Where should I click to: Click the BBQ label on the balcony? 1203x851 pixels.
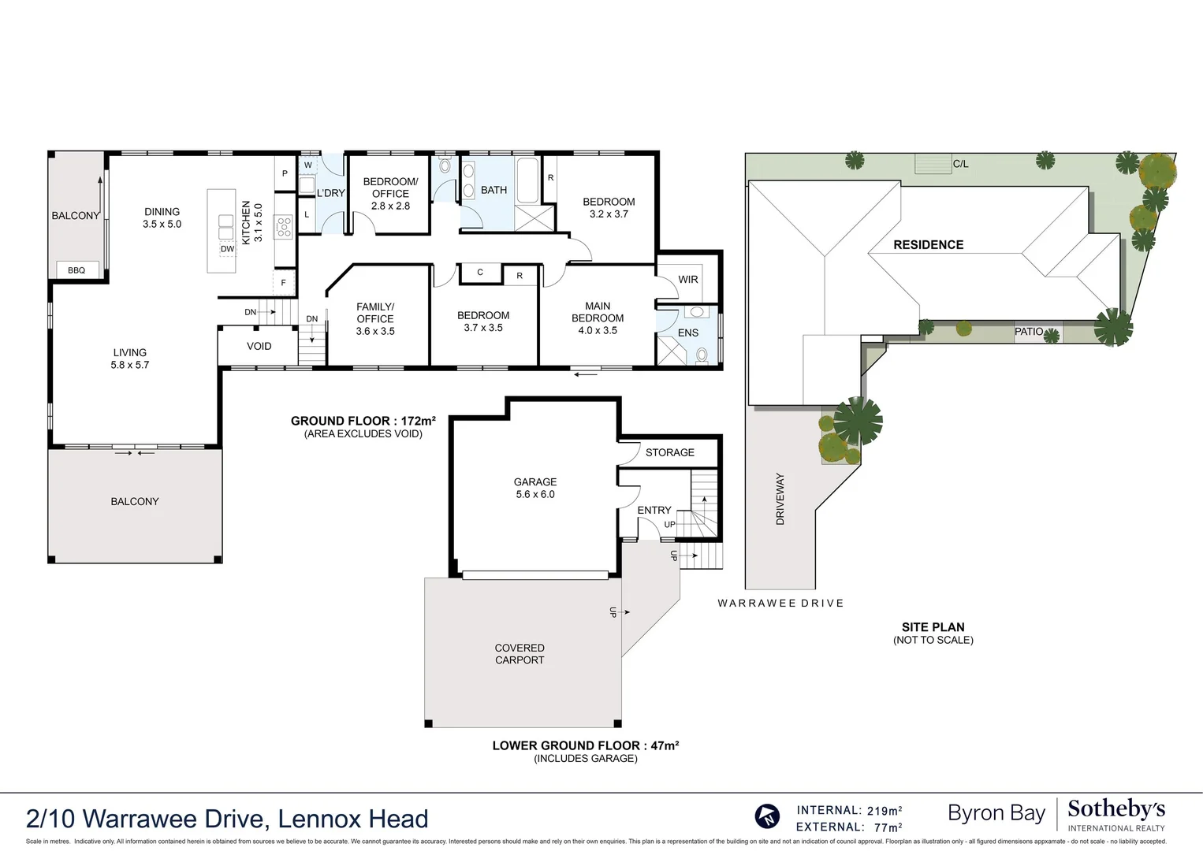pyautogui.click(x=76, y=270)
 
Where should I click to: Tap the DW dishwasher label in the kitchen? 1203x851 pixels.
pyautogui.click(x=227, y=249)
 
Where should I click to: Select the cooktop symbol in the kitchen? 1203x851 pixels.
pyautogui.click(x=283, y=228)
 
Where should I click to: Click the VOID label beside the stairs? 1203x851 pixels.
pyautogui.click(x=259, y=346)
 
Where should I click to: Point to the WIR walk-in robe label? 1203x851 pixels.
pyautogui.click(x=688, y=280)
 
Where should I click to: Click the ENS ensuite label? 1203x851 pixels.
pyautogui.click(x=688, y=333)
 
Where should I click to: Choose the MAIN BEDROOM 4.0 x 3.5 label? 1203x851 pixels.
pyautogui.click(x=598, y=318)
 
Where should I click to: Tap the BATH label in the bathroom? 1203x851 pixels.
pyautogui.click(x=493, y=190)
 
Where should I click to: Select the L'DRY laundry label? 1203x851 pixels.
pyautogui.click(x=330, y=193)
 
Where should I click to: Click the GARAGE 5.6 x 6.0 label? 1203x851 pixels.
pyautogui.click(x=535, y=488)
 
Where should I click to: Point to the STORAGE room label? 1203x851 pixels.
pyautogui.click(x=669, y=452)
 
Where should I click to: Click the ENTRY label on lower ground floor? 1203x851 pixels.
pyautogui.click(x=654, y=510)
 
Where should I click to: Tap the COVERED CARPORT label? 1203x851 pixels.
pyautogui.click(x=520, y=654)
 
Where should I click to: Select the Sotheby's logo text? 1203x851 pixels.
pyautogui.click(x=1115, y=809)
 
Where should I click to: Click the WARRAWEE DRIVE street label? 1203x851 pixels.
pyautogui.click(x=780, y=603)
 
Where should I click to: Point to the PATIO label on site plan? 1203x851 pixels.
pyautogui.click(x=1028, y=332)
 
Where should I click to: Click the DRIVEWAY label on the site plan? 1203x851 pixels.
pyautogui.click(x=780, y=499)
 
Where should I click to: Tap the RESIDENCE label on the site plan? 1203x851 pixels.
pyautogui.click(x=928, y=245)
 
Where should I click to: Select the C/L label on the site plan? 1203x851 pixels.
pyautogui.click(x=960, y=164)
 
